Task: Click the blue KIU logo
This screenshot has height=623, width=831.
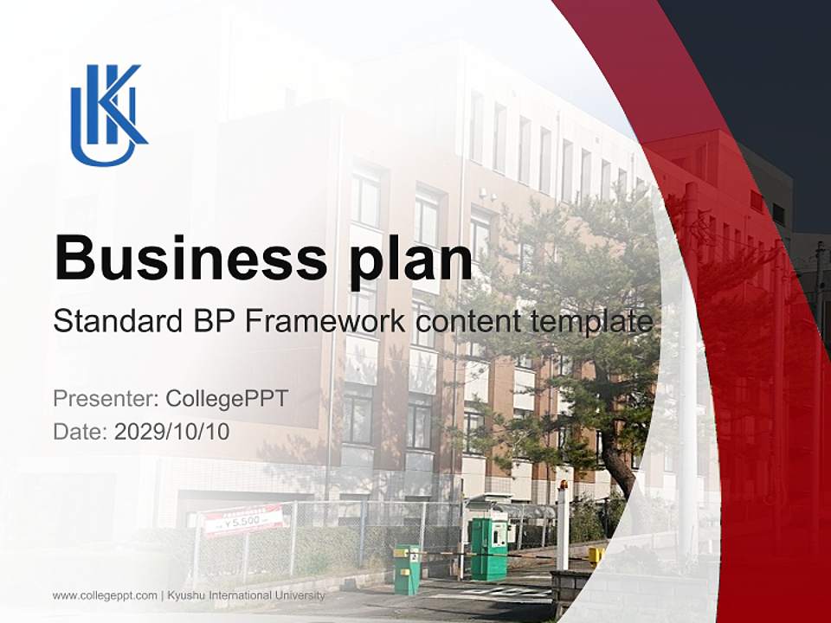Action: click(108, 114)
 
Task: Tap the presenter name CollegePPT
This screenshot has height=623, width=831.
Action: click(227, 399)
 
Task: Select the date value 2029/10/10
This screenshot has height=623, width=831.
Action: click(172, 432)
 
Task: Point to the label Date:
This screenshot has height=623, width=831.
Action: click(81, 432)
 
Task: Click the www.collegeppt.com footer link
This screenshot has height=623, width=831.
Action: click(105, 595)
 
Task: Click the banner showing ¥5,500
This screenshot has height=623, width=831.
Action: click(243, 520)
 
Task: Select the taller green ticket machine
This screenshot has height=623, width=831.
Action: click(488, 549)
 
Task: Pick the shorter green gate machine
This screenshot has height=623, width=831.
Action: click(407, 568)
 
